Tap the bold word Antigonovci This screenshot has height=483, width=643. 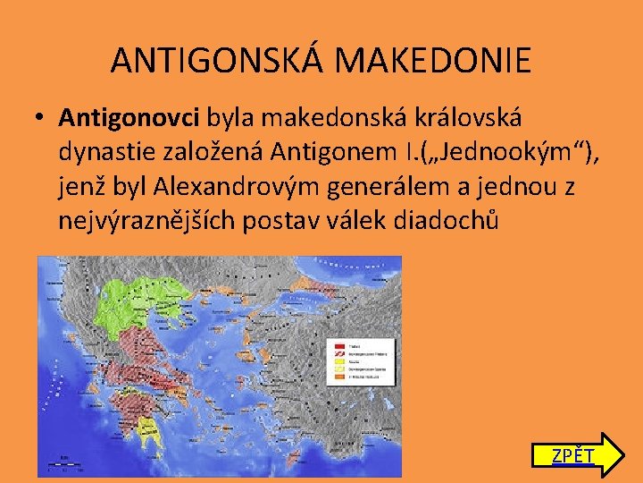click(x=130, y=117)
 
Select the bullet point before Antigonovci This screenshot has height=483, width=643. click(x=40, y=118)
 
